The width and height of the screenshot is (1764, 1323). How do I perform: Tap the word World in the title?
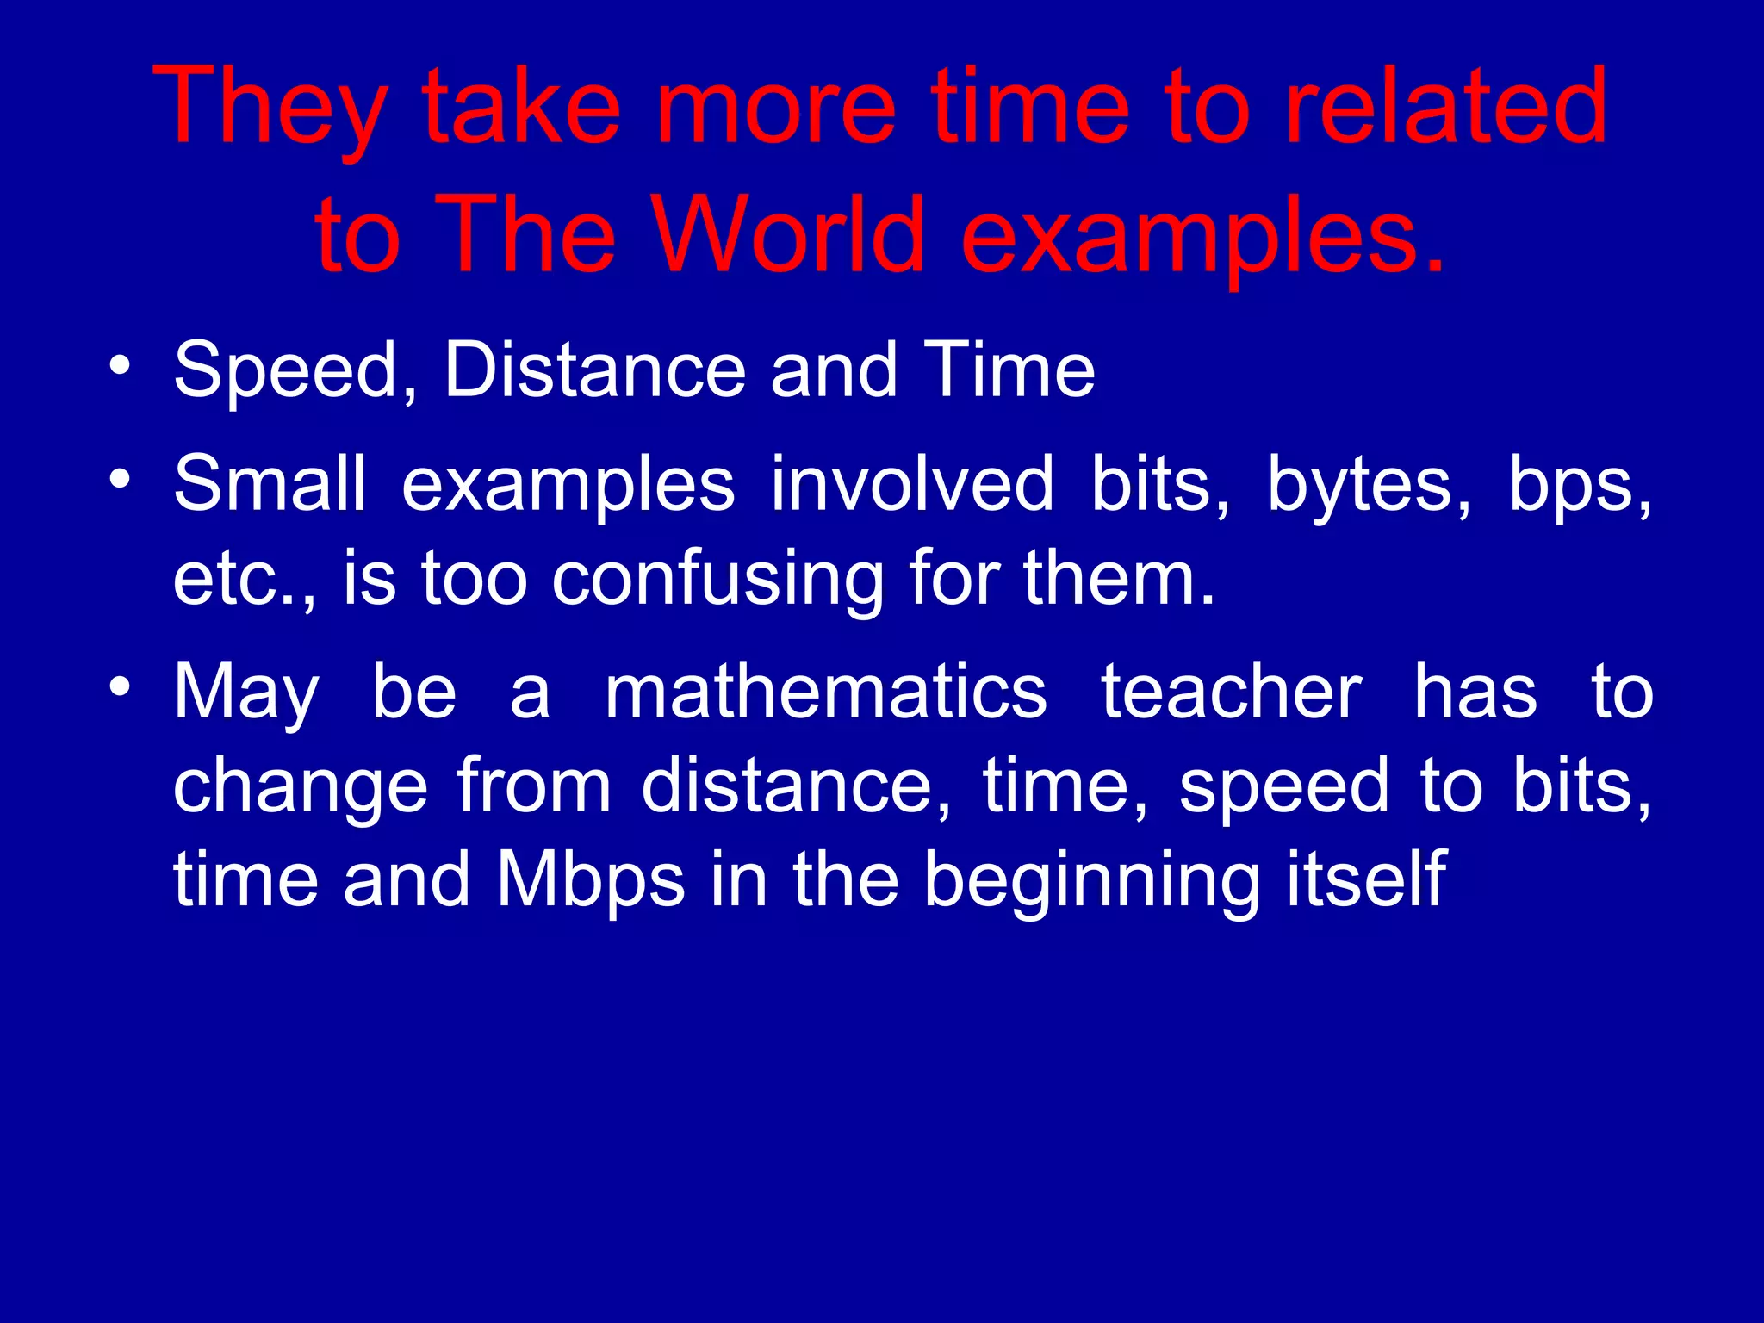tap(787, 235)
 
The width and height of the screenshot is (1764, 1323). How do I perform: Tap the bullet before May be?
tap(120, 686)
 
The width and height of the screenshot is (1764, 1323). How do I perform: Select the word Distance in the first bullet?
tap(594, 370)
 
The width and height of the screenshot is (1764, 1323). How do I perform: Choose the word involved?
tap(912, 484)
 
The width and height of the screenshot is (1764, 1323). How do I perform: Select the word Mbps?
tap(591, 880)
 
